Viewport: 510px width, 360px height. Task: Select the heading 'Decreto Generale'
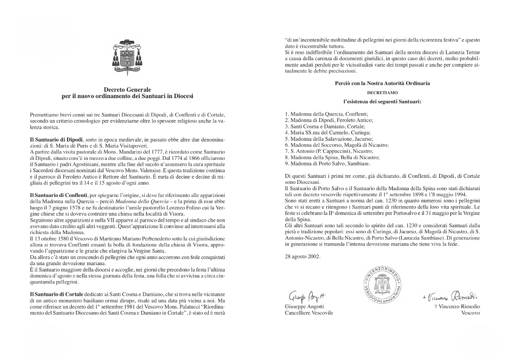click(x=127, y=90)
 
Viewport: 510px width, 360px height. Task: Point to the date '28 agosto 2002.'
click(x=302, y=256)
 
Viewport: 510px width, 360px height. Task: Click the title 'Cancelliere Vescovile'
click(x=309, y=313)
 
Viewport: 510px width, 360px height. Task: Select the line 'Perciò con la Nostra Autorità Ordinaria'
click(x=382, y=83)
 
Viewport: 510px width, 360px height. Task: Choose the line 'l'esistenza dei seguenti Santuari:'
click(x=382, y=102)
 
